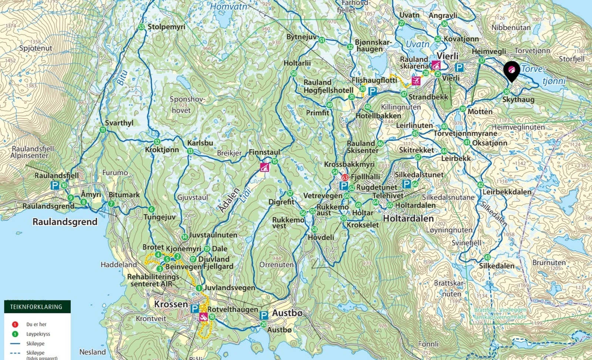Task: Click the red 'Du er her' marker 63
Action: (x=345, y=178)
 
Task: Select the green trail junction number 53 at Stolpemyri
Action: (x=141, y=27)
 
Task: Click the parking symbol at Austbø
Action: (x=263, y=315)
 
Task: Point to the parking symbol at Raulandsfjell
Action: (x=55, y=185)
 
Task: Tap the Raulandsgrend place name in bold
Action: (x=65, y=222)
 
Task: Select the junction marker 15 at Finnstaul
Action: (x=274, y=161)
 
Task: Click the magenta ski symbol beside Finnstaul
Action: (x=264, y=167)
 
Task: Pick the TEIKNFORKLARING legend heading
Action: (x=36, y=307)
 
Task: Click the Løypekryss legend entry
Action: (x=38, y=334)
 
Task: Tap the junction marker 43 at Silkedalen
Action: (x=487, y=258)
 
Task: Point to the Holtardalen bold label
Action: (x=408, y=219)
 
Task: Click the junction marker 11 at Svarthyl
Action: (x=102, y=130)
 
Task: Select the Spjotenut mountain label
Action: (x=36, y=48)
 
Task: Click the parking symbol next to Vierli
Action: (x=459, y=68)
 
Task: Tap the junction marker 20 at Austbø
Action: (x=263, y=324)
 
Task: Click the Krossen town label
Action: (x=171, y=304)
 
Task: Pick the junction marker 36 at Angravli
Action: (x=444, y=24)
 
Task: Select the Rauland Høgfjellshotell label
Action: (x=328, y=86)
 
